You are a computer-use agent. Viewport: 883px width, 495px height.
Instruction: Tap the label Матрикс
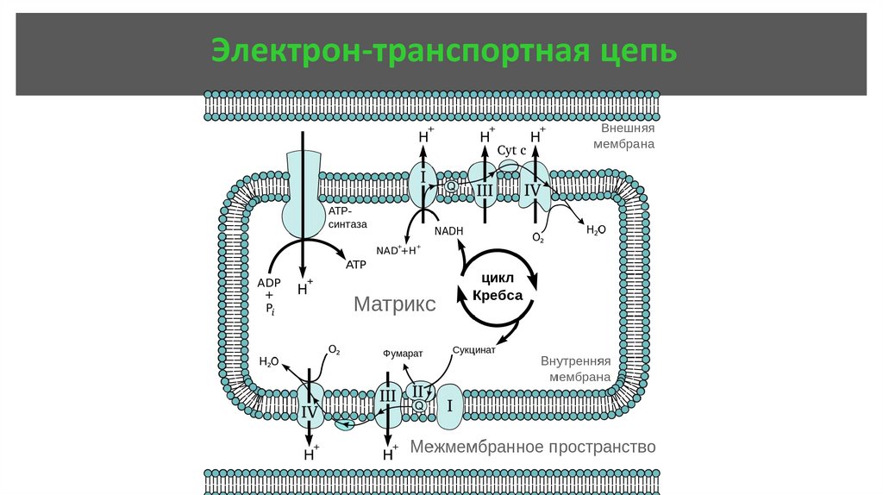pyautogui.click(x=395, y=304)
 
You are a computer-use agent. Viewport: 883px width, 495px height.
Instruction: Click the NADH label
pyautogui.click(x=448, y=231)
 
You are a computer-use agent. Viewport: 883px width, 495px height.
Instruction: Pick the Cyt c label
pyautogui.click(x=511, y=149)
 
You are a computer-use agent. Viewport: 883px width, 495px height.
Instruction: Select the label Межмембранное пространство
pyautogui.click(x=533, y=447)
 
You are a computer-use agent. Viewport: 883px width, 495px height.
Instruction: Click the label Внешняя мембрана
pyautogui.click(x=623, y=135)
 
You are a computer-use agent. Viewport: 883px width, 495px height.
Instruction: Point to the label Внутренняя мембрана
pyautogui.click(x=576, y=368)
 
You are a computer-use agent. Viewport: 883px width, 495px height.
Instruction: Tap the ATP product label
pyautogui.click(x=356, y=266)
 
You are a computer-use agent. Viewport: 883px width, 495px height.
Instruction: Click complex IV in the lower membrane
pyautogui.click(x=309, y=410)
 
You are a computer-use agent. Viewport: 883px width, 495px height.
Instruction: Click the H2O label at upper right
pyautogui.click(x=597, y=229)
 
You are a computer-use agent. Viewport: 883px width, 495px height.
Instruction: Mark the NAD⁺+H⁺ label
pyautogui.click(x=398, y=250)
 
